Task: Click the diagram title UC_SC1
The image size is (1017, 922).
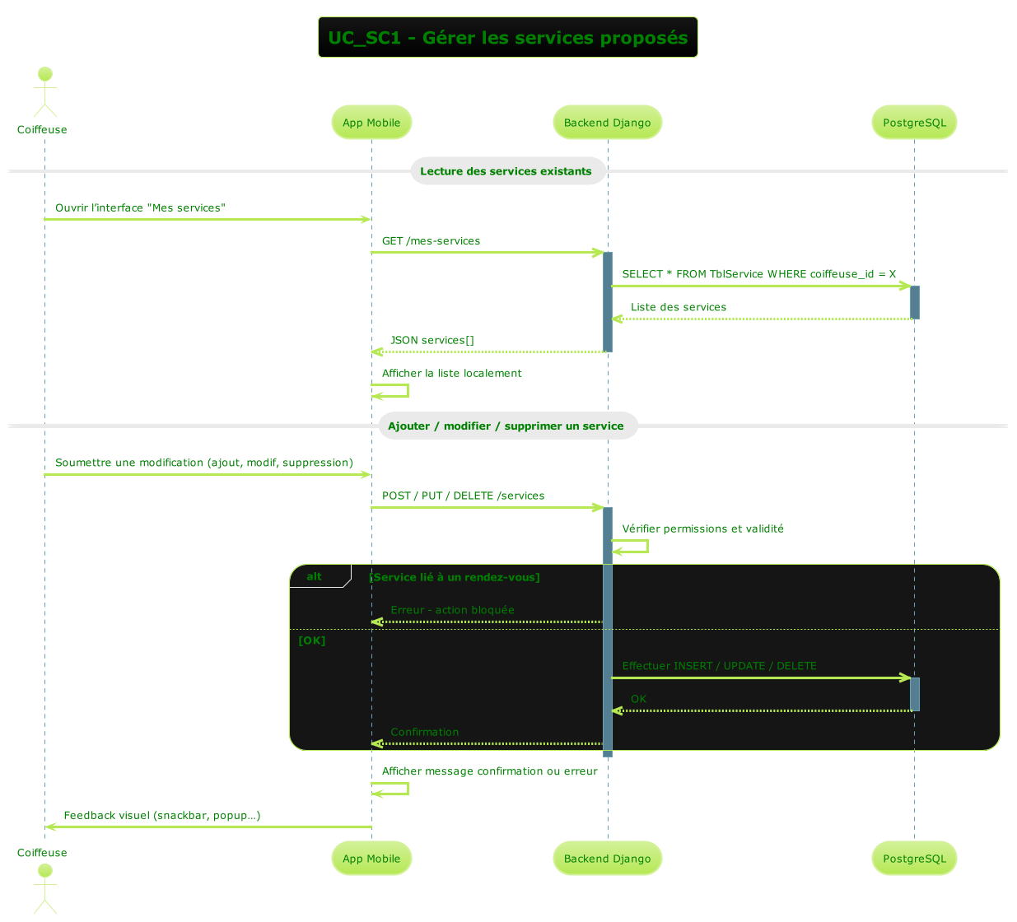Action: click(507, 38)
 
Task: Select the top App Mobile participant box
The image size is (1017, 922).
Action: click(371, 123)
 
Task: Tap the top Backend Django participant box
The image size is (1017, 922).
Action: click(607, 123)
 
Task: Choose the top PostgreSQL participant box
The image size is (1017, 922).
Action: click(914, 123)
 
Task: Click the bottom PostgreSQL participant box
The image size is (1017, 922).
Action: click(914, 859)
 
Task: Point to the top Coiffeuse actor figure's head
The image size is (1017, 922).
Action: click(45, 74)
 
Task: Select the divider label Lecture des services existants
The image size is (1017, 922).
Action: click(506, 171)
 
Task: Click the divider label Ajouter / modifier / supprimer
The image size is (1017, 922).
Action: click(506, 426)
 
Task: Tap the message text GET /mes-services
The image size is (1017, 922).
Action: click(431, 241)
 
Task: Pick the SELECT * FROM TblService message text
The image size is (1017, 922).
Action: click(758, 274)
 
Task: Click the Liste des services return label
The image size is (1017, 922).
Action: click(679, 307)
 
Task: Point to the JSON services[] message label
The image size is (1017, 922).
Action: click(432, 340)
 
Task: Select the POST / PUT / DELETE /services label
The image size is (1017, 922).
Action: click(463, 496)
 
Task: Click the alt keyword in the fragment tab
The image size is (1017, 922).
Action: click(314, 576)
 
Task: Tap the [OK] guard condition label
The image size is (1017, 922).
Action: click(312, 640)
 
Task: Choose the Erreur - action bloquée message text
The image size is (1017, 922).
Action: click(452, 610)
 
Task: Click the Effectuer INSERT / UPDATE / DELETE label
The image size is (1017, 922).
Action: click(719, 666)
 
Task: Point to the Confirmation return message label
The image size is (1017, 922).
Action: click(424, 732)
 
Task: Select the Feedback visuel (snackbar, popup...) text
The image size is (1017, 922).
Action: click(162, 815)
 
